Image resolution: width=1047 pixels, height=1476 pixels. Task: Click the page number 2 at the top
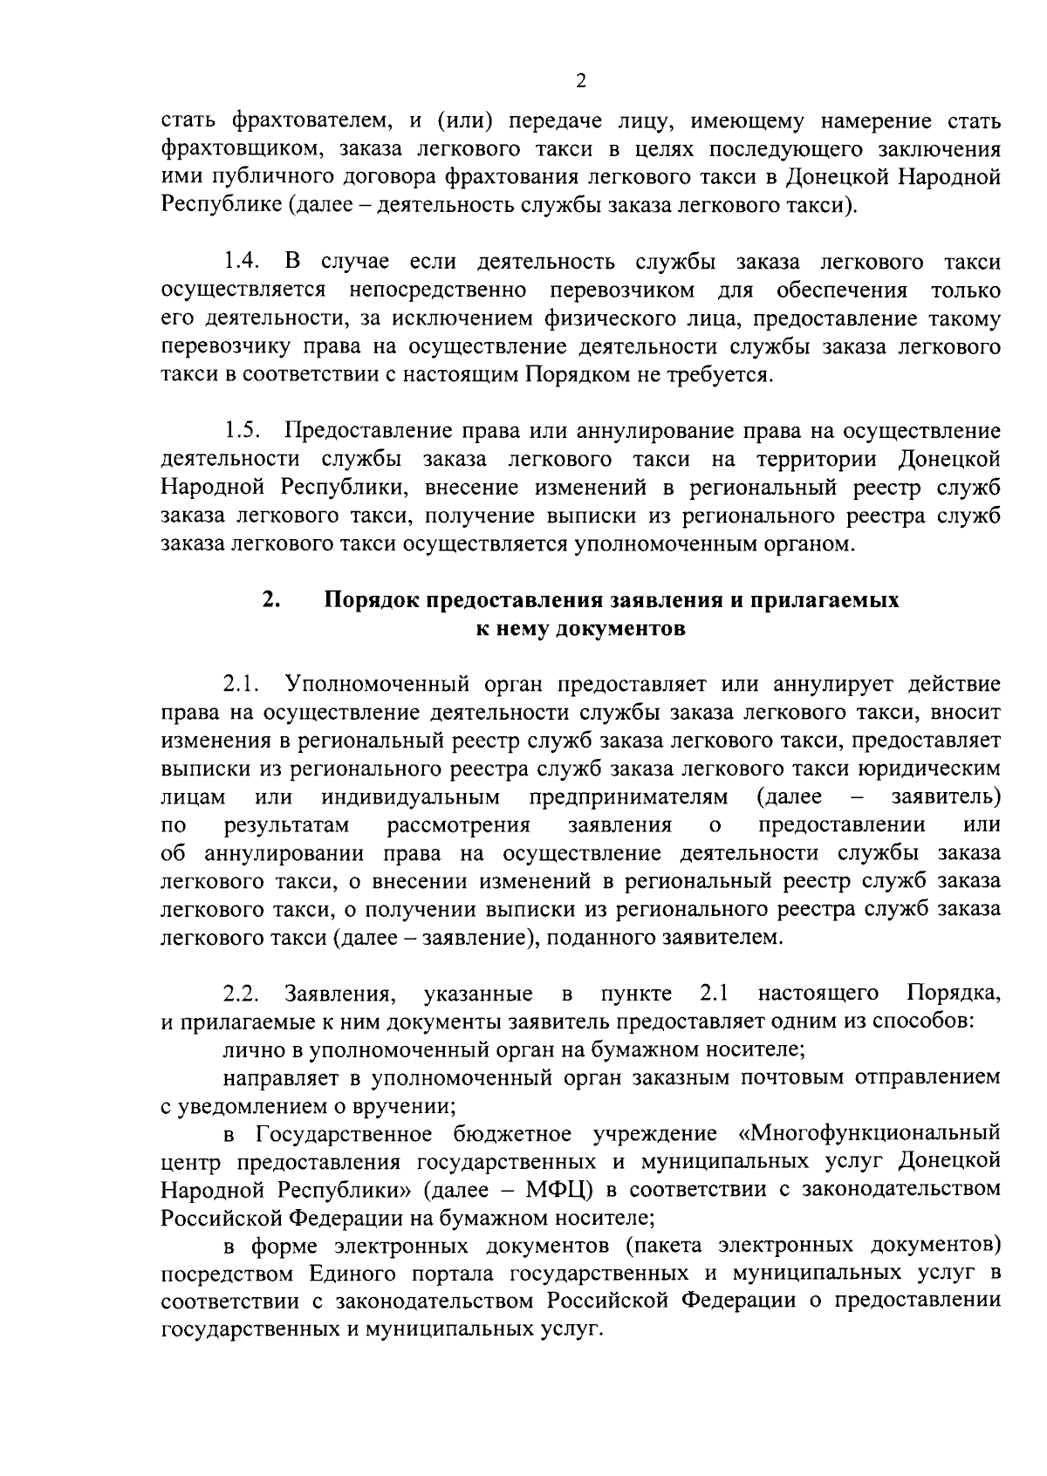point(581,81)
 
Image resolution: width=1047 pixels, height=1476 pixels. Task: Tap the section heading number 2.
point(270,600)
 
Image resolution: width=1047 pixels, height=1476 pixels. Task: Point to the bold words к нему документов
point(579,628)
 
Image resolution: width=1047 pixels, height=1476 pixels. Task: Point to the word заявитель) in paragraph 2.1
point(946,796)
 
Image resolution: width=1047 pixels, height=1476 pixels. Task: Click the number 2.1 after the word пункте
point(714,993)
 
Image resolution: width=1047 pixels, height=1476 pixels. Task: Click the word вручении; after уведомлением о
point(411,1106)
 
